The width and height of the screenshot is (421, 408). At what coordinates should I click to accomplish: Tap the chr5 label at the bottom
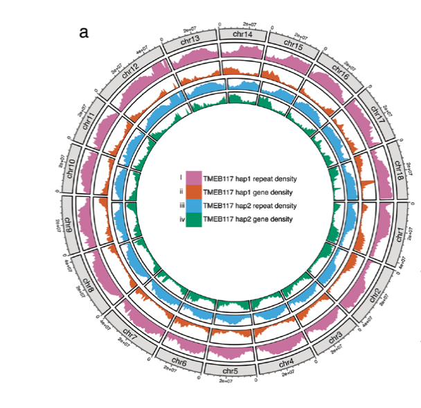point(231,371)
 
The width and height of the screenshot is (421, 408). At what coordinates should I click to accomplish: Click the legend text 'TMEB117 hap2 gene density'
point(248,220)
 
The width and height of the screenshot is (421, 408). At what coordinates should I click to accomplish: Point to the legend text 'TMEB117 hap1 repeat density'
point(250,178)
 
